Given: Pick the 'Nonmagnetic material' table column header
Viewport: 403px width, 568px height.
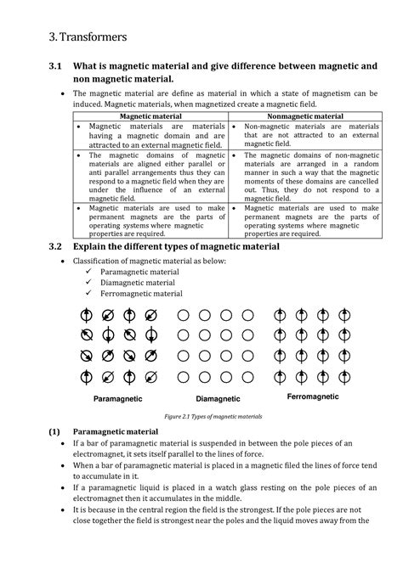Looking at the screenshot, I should tap(305, 115).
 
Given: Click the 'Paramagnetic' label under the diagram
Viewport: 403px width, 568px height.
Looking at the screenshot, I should tap(117, 399).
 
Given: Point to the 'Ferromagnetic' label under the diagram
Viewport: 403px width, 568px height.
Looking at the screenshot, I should tap(312, 397).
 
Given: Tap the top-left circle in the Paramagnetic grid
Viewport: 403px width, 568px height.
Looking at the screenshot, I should tap(86, 314).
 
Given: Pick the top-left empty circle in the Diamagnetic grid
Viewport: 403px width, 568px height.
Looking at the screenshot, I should tap(183, 315).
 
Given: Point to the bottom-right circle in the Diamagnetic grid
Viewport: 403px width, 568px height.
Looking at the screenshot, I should tap(248, 376).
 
